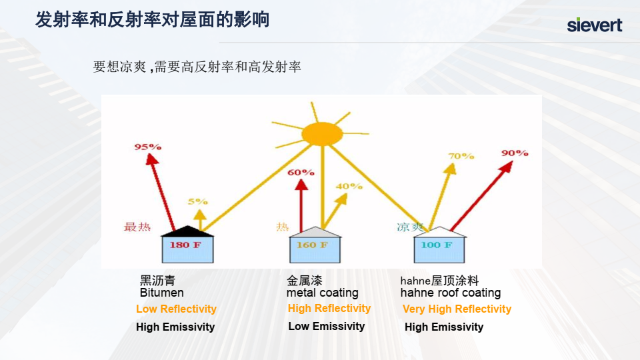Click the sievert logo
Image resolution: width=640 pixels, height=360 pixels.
[594, 25]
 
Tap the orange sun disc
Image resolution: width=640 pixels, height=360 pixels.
[321, 133]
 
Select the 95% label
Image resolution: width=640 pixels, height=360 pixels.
[148, 147]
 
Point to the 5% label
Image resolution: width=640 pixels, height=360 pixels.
[197, 201]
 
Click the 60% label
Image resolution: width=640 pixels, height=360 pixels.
[301, 172]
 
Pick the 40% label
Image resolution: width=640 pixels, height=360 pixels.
[349, 186]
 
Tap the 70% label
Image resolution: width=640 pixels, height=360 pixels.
[461, 156]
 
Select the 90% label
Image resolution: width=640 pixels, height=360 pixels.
[515, 153]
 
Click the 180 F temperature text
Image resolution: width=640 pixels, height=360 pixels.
[185, 245]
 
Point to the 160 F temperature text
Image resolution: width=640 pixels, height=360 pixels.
[312, 245]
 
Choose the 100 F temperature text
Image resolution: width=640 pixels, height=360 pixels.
[436, 245]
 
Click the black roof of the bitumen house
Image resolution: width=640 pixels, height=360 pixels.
[187, 231]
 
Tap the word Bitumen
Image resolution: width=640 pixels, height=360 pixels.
[161, 293]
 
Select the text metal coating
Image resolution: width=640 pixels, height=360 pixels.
[323, 293]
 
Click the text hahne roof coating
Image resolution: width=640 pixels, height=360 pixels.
[451, 293]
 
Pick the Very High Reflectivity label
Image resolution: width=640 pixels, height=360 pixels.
[457, 309]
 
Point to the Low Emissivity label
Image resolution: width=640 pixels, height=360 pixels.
[327, 326]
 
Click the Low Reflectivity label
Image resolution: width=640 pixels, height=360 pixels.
[176, 309]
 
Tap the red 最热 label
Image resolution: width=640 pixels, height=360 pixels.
[137, 227]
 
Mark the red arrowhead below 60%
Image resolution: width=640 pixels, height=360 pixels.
[301, 185]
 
